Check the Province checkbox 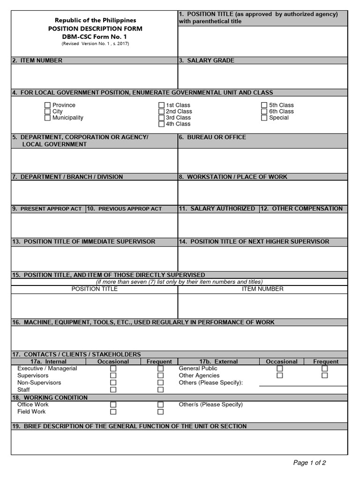point(47,105)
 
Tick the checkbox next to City point(47,112)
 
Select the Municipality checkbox point(47,118)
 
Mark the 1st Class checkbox point(161,105)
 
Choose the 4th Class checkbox point(161,124)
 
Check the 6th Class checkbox point(264,112)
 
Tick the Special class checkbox point(264,118)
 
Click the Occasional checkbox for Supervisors point(113,375)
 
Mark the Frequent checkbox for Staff point(160,390)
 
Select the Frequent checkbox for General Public point(324,368)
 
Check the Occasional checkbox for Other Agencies point(280,375)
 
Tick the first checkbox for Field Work point(113,412)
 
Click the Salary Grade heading point(210,60)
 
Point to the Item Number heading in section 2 point(41,60)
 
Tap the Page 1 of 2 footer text point(309,463)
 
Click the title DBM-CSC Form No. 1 point(95,36)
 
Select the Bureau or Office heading point(216,137)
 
